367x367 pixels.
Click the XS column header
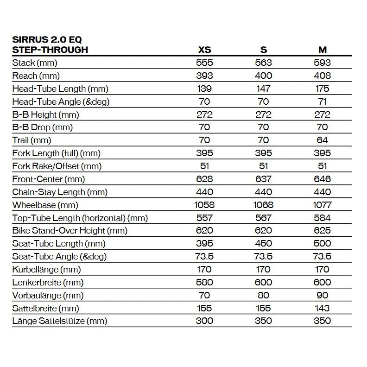coord(204,50)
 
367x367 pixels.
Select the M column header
coord(323,50)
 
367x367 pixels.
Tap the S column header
coord(264,50)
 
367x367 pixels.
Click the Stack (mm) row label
coord(35,63)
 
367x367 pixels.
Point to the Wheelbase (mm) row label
coord(45,205)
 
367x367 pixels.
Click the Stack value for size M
coord(323,63)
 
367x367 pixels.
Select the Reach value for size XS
coord(204,76)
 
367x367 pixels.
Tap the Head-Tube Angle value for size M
coord(323,101)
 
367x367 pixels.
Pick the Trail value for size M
coord(323,140)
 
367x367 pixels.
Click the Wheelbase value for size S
coord(264,205)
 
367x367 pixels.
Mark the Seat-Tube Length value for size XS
coord(204,243)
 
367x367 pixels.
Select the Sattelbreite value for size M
coord(323,308)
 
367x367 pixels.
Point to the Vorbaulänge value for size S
coord(264,295)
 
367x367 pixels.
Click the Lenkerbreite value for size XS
coord(204,282)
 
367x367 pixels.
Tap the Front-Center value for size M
coord(323,179)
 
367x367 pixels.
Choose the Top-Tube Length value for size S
coord(264,218)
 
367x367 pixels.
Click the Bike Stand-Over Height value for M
coord(323,230)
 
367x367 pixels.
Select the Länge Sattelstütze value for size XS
coord(204,321)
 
